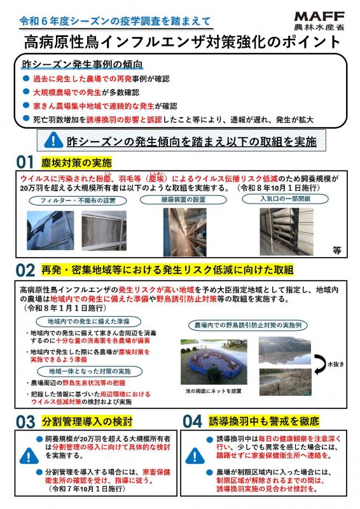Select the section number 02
coord(29,270)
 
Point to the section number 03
coord(29,421)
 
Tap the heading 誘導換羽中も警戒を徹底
coord(264,421)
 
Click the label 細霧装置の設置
coord(180,199)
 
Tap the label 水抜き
coord(335,365)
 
